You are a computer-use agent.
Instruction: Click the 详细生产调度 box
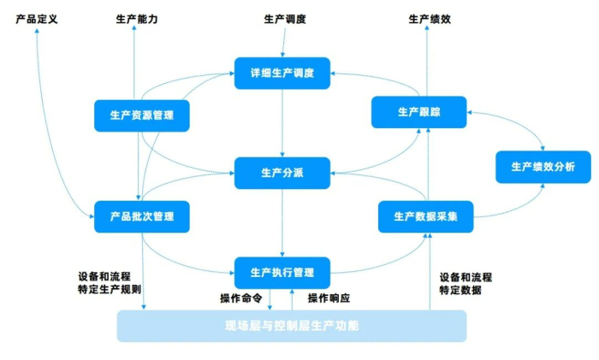[x=282, y=74]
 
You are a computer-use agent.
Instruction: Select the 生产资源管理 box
[x=141, y=115]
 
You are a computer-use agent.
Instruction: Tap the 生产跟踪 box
[x=419, y=112]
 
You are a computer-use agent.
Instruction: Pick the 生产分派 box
[x=282, y=173]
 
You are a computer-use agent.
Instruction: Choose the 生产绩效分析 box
[x=543, y=166]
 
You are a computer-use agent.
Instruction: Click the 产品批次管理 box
[x=141, y=216]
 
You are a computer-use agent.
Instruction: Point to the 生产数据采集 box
[x=425, y=216]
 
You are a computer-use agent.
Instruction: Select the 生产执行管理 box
[x=282, y=272]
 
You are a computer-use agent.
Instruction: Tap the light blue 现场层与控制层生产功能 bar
[x=292, y=326]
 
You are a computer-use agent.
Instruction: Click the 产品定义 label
[x=37, y=18]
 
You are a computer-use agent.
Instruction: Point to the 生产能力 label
[x=137, y=18]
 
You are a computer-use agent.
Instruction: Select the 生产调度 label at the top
[x=284, y=18]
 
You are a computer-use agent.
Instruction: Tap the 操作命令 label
[x=240, y=298]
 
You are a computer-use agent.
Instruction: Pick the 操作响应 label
[x=329, y=298]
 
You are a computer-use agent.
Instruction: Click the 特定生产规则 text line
[x=110, y=291]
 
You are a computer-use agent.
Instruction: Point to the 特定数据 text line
[x=460, y=291]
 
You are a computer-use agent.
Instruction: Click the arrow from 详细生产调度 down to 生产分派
[x=282, y=123]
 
